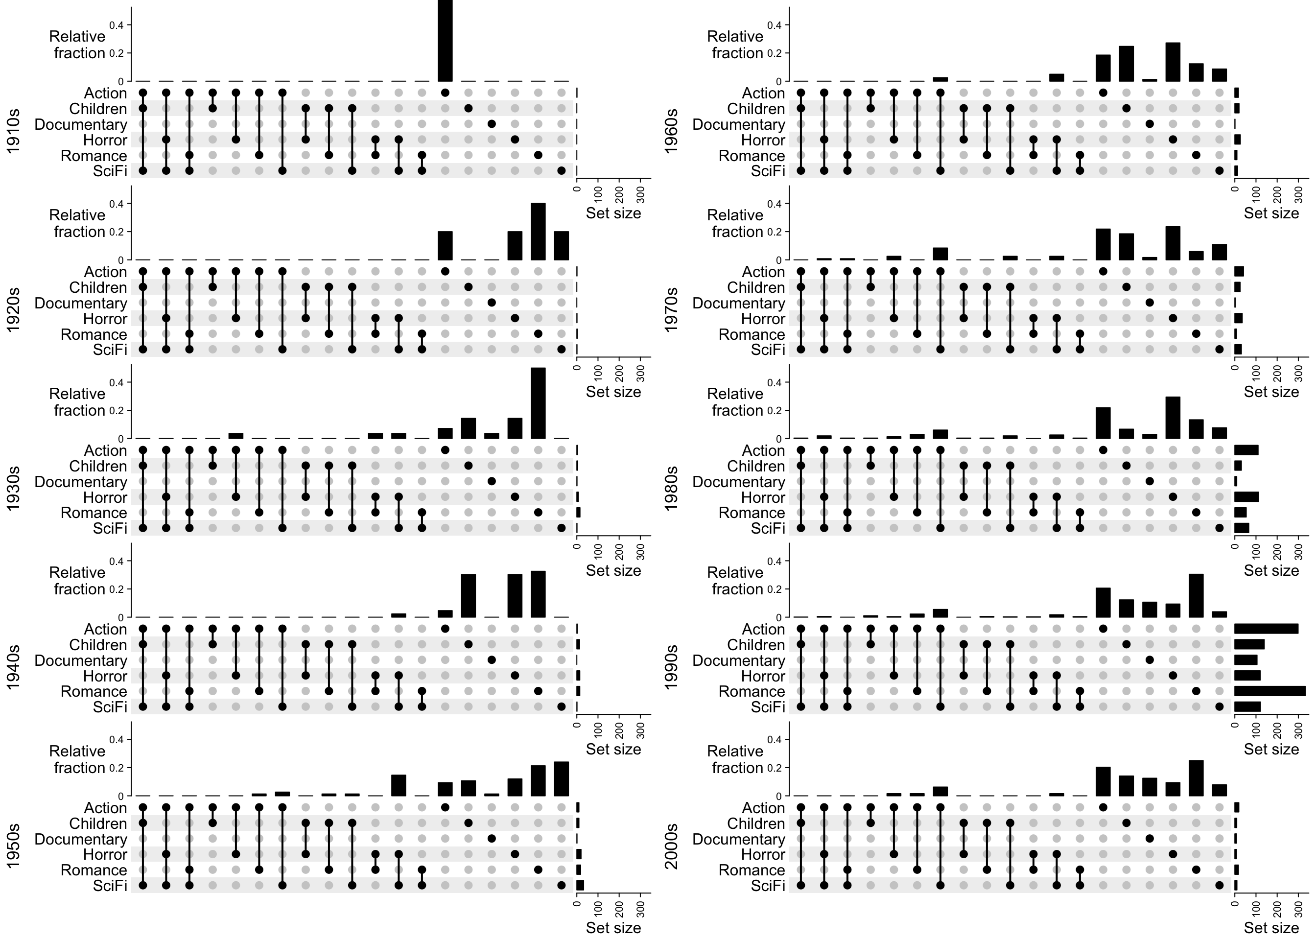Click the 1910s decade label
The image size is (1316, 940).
pos(13,132)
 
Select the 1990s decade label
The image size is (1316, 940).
pos(671,668)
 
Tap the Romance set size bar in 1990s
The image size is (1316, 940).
pos(1269,691)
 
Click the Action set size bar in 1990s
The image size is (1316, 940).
pos(1266,629)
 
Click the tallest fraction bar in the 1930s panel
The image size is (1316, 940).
pos(538,403)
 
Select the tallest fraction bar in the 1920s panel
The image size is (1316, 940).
pos(538,232)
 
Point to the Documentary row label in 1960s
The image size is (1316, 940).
pos(738,124)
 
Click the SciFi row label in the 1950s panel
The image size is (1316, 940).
pos(110,886)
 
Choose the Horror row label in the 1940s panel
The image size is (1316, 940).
pos(105,676)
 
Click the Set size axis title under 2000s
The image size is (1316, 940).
pos(1271,928)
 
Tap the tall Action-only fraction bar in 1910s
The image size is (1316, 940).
pos(445,41)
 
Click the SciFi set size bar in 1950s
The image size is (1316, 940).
pos(580,886)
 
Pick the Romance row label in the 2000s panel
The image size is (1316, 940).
pos(751,870)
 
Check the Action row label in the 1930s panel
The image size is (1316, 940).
pos(105,451)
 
